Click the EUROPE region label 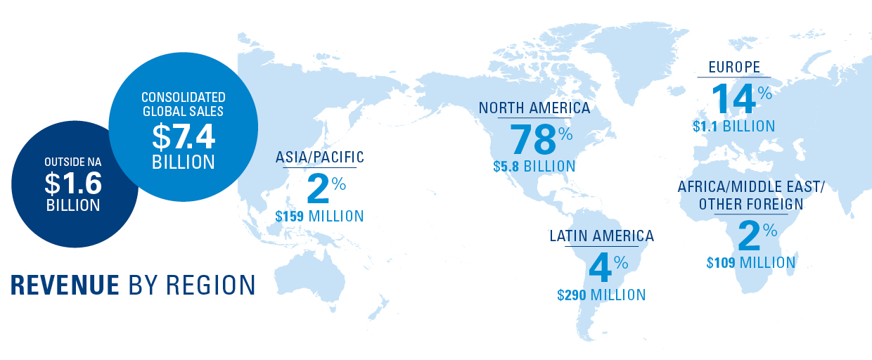click(x=733, y=68)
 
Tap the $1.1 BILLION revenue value click(x=733, y=127)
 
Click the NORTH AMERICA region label click(x=534, y=108)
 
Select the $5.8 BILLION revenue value click(x=534, y=167)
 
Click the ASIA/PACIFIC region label click(x=320, y=157)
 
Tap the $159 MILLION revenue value click(x=320, y=216)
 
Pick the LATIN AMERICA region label click(x=601, y=236)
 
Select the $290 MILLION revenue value click(x=601, y=295)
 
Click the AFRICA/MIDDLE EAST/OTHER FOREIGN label click(x=750, y=195)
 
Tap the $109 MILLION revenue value click(x=751, y=263)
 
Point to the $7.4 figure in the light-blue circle click(x=184, y=134)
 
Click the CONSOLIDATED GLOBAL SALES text click(x=184, y=103)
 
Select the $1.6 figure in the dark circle click(x=73, y=184)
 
